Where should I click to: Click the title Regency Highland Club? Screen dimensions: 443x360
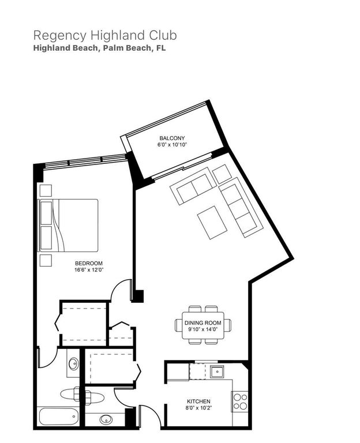point(104,35)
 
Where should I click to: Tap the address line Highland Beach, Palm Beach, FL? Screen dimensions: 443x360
point(100,49)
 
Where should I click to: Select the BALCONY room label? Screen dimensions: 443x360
point(172,138)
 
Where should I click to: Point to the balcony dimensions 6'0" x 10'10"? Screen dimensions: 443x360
point(172,145)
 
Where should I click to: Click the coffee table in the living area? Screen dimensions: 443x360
point(212,222)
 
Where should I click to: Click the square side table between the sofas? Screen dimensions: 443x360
point(222,174)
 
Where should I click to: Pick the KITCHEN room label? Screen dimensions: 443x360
point(198,401)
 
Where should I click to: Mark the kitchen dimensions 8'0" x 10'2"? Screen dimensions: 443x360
point(198,409)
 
